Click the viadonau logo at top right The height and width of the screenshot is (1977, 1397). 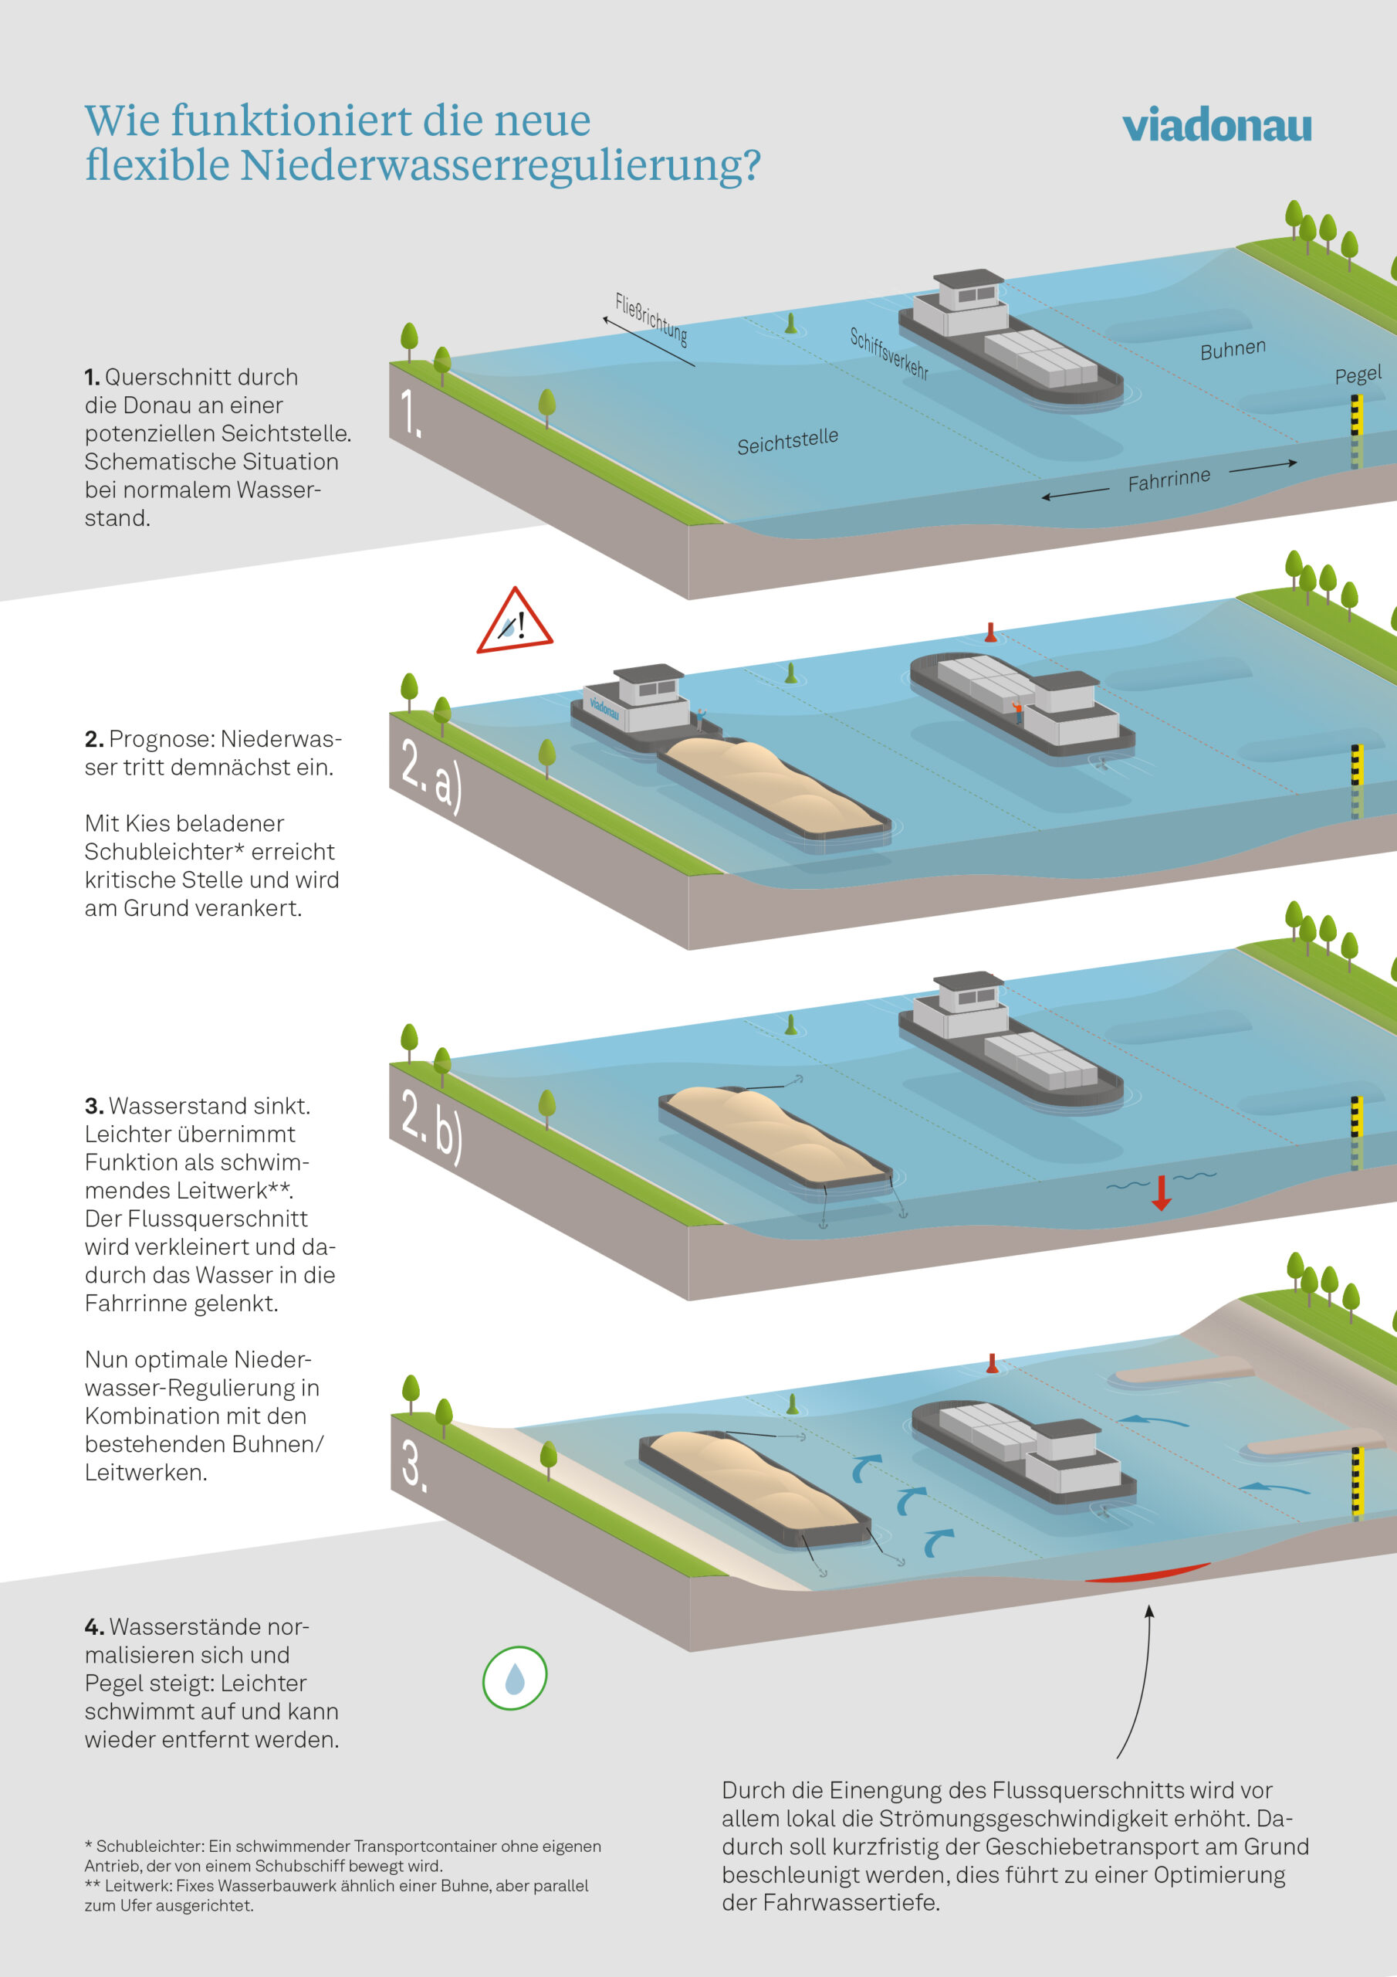pos(1216,126)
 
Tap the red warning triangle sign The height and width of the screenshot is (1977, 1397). pos(514,622)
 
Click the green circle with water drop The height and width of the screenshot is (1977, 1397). pos(514,1677)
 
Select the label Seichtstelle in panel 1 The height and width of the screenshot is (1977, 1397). pos(786,441)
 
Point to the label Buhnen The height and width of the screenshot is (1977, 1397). pos(1233,349)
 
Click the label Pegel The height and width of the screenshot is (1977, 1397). pos(1358,375)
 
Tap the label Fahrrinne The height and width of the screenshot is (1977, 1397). pos(1168,480)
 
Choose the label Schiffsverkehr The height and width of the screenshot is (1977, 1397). pos(888,353)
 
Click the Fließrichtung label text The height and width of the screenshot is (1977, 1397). pos(651,319)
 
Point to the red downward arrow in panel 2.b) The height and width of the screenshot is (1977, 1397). pos(1161,1192)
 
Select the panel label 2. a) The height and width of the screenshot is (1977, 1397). pos(431,773)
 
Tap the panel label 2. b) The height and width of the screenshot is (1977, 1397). pos(431,1124)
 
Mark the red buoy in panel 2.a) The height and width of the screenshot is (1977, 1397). pos(991,633)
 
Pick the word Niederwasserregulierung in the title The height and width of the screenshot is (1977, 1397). pos(499,165)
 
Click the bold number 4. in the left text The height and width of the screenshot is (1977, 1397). pos(94,1626)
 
